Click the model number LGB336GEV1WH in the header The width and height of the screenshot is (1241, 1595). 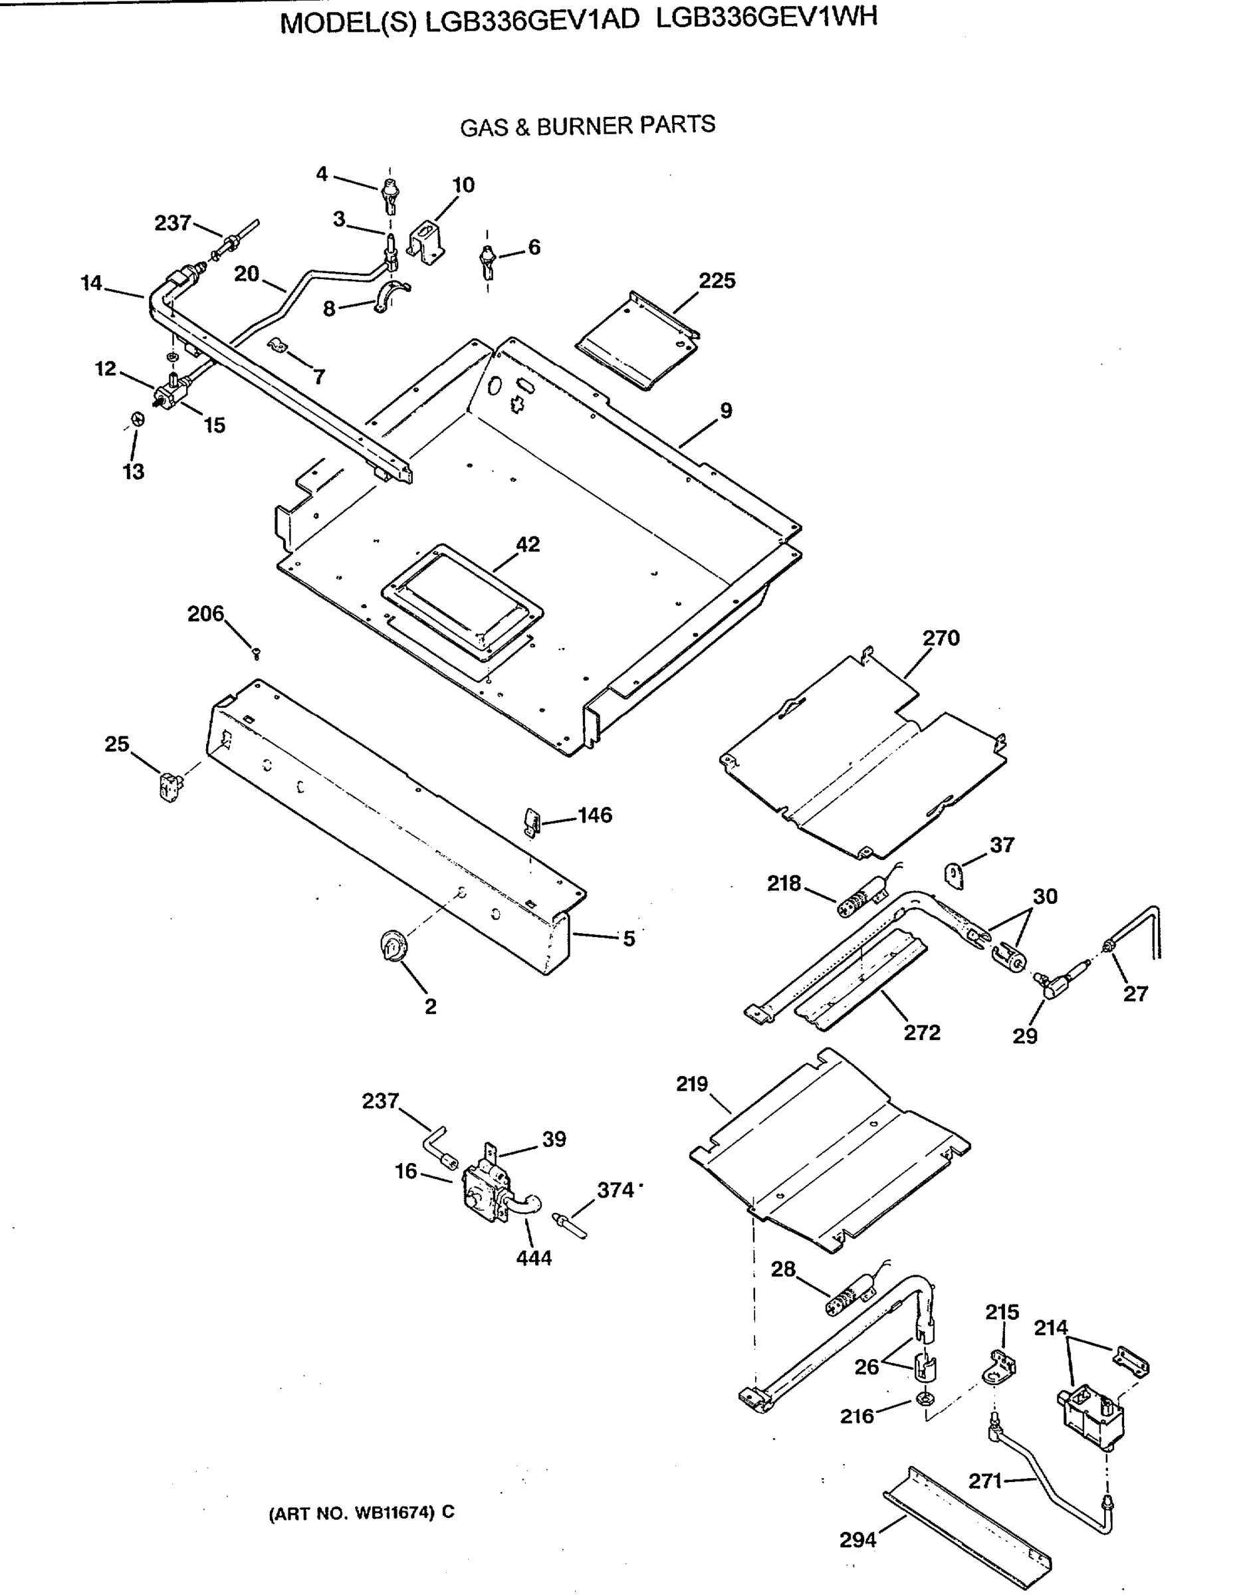[x=766, y=17]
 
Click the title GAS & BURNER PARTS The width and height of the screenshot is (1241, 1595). [x=588, y=126]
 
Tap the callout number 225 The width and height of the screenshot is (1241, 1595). [x=717, y=280]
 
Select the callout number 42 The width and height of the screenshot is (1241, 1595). [x=527, y=544]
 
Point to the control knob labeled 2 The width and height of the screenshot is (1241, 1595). [x=394, y=946]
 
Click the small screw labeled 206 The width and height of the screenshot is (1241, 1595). [x=256, y=652]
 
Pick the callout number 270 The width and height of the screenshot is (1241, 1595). [x=941, y=637]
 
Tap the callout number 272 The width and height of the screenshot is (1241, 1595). [x=922, y=1033]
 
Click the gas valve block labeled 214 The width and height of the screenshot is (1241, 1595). [x=1091, y=1419]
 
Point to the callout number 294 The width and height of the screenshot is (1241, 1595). [x=857, y=1539]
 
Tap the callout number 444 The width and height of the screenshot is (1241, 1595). [x=534, y=1257]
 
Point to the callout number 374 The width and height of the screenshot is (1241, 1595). [x=615, y=1190]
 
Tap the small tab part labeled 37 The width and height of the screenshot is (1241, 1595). [x=955, y=875]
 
